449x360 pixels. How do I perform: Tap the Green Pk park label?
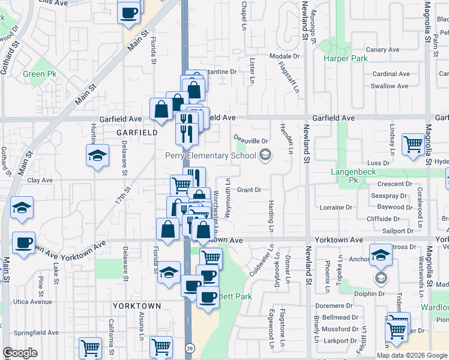coord(40,74)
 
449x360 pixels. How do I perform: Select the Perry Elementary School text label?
coord(210,155)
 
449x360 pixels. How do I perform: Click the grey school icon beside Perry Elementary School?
coord(265,156)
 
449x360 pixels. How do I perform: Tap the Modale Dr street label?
coord(280,56)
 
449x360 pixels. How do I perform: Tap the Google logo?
coord(20,353)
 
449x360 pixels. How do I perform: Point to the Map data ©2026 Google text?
coord(412,355)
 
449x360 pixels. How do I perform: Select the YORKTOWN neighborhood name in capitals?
coord(137,306)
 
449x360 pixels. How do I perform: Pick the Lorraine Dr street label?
coord(336,207)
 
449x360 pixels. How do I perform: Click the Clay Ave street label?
coord(40,180)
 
